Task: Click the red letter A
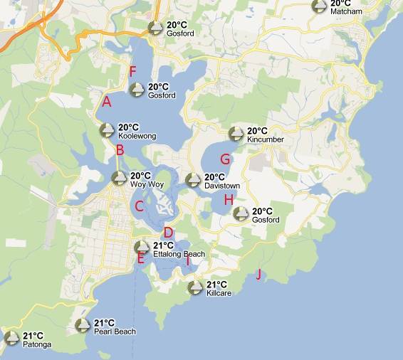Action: tap(107, 101)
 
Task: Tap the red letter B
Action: tap(120, 150)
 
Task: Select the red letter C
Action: tap(140, 207)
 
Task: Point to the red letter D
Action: tap(169, 232)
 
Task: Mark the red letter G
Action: tap(225, 159)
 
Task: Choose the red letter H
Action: tap(229, 200)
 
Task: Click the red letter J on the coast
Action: tap(258, 274)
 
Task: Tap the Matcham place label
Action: tap(346, 12)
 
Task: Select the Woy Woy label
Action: tap(147, 184)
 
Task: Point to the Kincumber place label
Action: tap(265, 139)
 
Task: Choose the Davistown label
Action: tap(222, 186)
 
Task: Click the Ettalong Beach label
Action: tap(179, 254)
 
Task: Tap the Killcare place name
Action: tap(219, 292)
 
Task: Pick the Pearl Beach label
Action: tap(115, 332)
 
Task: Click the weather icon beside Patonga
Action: tap(11, 338)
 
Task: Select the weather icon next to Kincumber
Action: tap(236, 134)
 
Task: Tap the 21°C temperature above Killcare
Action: tap(217, 284)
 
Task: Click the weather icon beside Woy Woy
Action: tap(120, 179)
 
